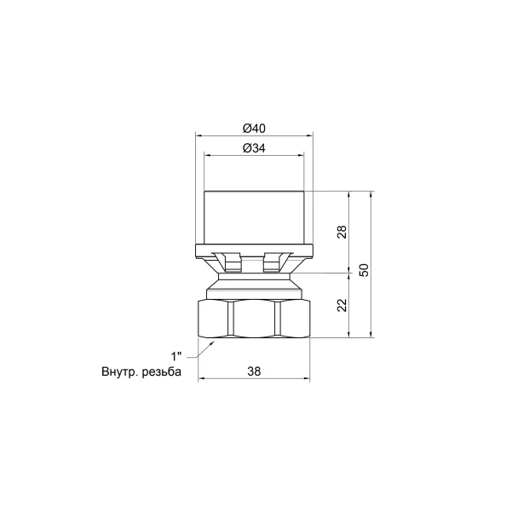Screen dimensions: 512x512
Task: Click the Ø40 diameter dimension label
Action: [x=254, y=129]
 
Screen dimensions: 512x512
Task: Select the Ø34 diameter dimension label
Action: [x=254, y=148]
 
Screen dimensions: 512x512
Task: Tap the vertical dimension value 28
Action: [x=342, y=232]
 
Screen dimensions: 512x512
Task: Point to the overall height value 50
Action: [x=365, y=270]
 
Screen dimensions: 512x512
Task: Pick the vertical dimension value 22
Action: [x=342, y=305]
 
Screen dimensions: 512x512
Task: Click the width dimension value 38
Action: [x=254, y=371]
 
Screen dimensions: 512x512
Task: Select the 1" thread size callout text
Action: [x=176, y=356]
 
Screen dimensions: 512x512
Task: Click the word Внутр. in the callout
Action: [x=120, y=372]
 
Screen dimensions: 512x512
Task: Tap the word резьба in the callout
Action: [x=161, y=372]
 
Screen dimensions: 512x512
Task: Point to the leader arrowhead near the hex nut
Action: [x=212, y=343]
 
